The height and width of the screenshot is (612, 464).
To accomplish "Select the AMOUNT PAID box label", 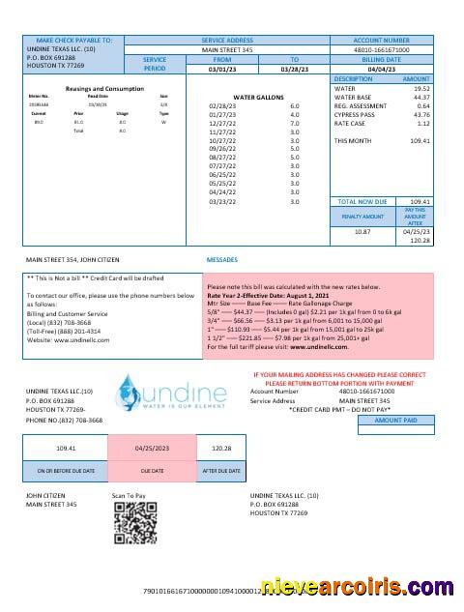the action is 397,449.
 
